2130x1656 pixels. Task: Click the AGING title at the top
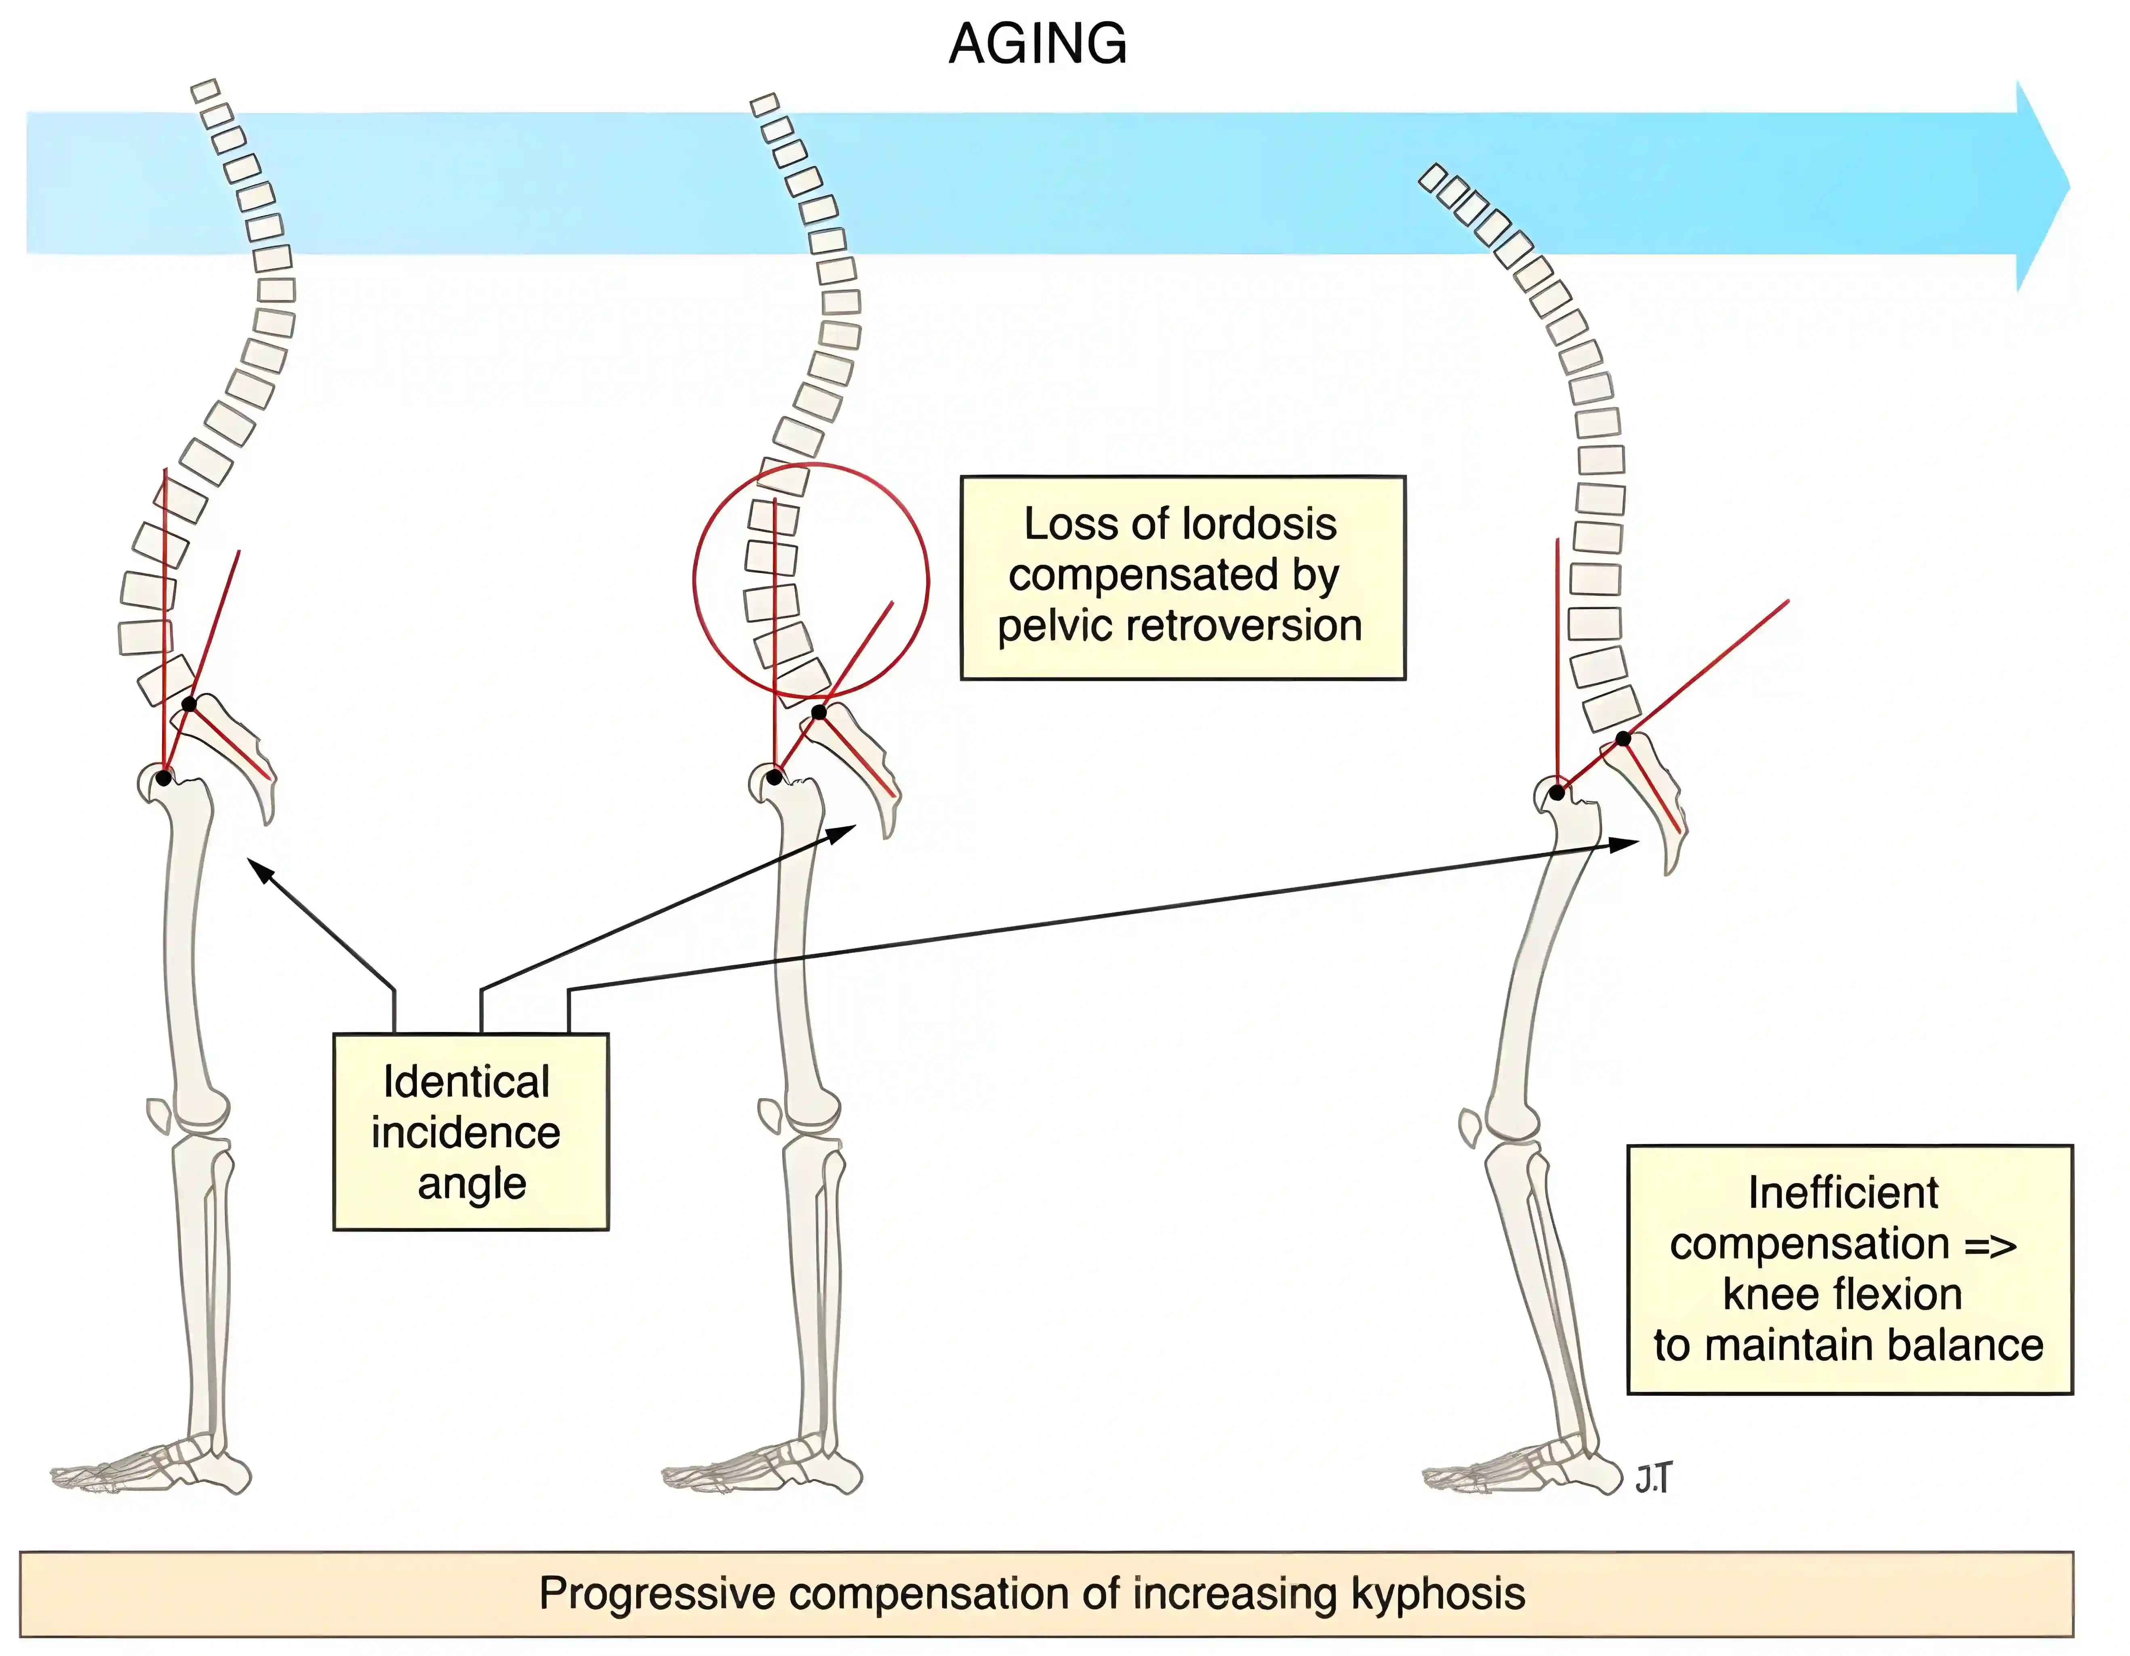[1038, 45]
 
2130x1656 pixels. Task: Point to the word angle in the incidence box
[472, 1184]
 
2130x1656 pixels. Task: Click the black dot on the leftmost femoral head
[164, 777]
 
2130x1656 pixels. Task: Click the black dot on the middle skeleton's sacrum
[819, 713]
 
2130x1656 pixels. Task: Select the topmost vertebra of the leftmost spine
[205, 91]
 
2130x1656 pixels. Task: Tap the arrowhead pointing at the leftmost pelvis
[255, 866]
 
